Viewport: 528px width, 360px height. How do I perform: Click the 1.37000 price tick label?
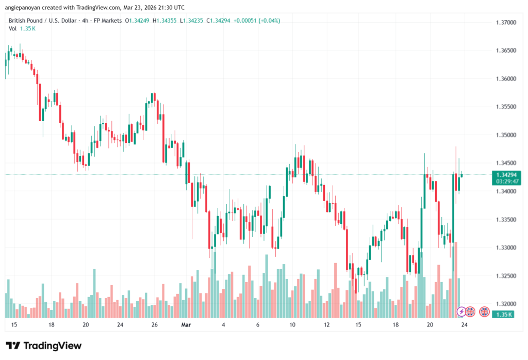coord(505,23)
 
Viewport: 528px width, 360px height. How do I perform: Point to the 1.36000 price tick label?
coord(505,79)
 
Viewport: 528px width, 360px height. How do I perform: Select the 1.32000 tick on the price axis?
coord(505,304)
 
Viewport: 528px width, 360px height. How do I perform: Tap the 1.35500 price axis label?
coord(505,107)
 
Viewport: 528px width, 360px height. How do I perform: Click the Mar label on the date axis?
coord(186,325)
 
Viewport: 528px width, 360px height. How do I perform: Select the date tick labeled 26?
coord(154,325)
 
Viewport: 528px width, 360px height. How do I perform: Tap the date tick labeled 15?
coord(14,325)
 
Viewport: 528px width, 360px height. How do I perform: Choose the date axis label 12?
coord(326,325)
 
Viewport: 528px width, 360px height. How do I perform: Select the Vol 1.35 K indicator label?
coord(22,28)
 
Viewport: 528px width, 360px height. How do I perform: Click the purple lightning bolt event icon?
coord(462,312)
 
